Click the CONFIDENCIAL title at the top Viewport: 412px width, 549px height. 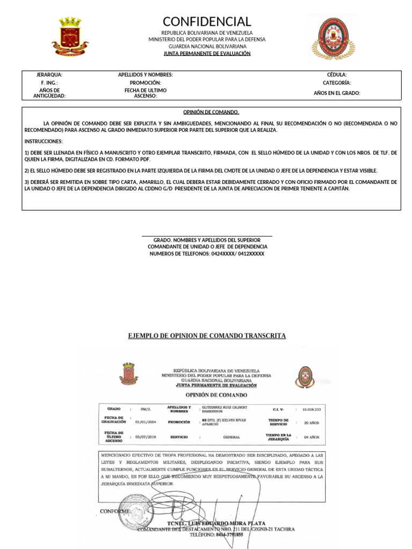coord(207,21)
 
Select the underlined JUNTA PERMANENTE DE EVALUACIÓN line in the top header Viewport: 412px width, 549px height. coord(207,54)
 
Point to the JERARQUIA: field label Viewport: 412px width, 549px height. coord(49,75)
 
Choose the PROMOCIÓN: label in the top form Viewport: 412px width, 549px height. coord(145,83)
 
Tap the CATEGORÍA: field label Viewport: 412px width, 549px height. coord(337,83)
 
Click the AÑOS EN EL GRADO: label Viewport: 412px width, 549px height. coord(337,93)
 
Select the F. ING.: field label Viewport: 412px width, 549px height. coord(49,83)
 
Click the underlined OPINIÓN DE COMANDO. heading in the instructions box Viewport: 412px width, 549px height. coord(211,113)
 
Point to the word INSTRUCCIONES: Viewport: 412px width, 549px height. coord(43,142)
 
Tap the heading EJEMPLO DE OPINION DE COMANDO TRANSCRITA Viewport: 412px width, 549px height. coord(207,336)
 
